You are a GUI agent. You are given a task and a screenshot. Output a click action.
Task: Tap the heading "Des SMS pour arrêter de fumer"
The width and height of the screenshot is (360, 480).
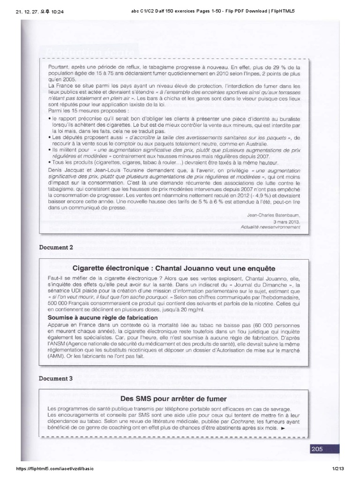point(173,399)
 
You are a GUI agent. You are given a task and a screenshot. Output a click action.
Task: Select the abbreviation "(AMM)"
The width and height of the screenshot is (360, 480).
point(58,355)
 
